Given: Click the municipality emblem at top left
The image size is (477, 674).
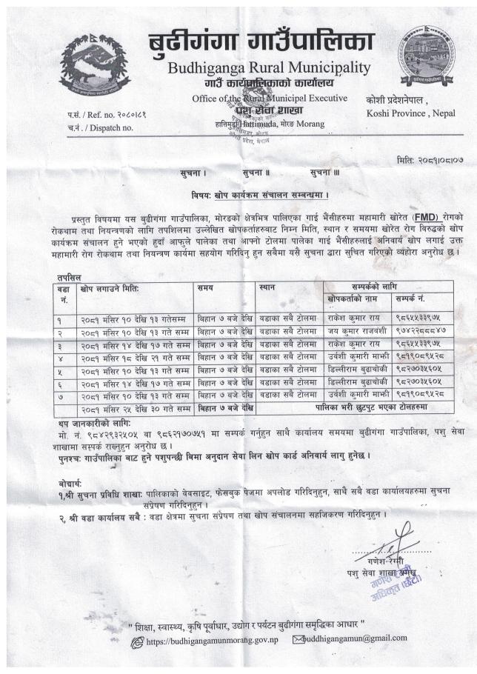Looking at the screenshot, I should click(x=94, y=64).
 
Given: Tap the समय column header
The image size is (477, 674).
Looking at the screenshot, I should click(x=207, y=286).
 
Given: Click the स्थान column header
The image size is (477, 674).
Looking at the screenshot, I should click(x=268, y=286).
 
